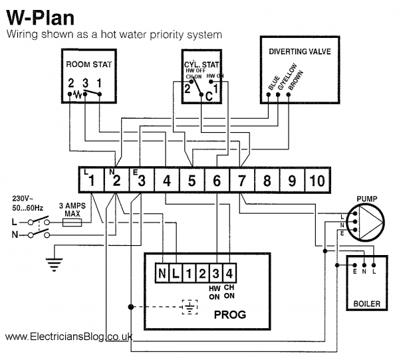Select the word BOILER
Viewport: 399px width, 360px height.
366,304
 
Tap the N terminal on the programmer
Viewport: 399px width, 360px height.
162,272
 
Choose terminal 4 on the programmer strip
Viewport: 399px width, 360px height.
228,272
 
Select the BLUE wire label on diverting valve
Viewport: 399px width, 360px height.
271,85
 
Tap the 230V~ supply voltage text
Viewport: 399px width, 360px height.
23,199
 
